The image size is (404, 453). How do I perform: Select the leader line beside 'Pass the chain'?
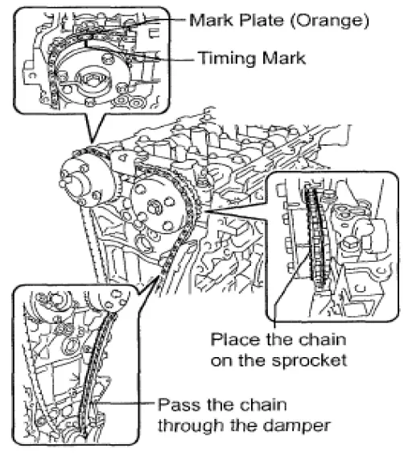point(129,402)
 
